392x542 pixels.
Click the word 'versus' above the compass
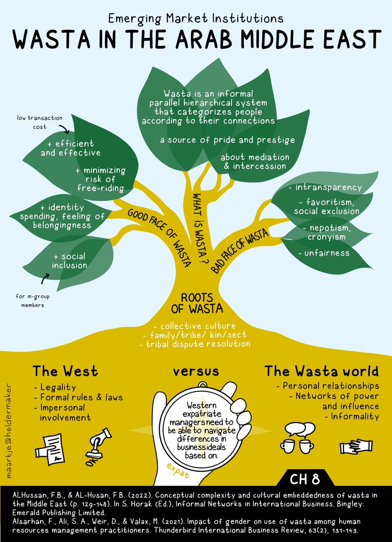pyautogui.click(x=196, y=371)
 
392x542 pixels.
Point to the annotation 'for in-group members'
pyautogui.click(x=31, y=301)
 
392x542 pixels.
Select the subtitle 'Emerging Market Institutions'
pyautogui.click(x=196, y=19)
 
